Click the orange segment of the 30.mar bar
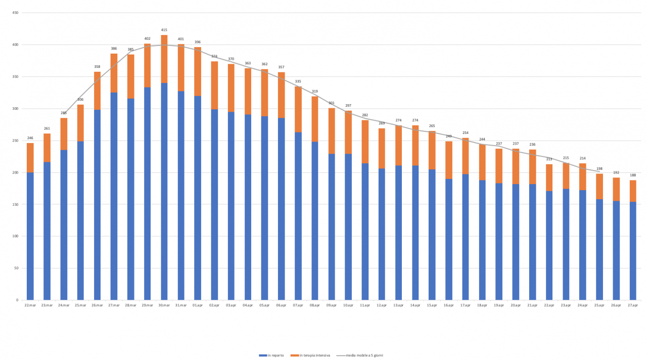pos(164,59)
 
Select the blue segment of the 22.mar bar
pos(30,236)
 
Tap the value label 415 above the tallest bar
pos(164,30)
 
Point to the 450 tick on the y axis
pos(15,13)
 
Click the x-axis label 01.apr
pos(198,305)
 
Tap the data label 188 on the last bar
pos(633,175)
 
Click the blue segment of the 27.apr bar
pos(633,251)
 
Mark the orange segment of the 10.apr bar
pos(348,132)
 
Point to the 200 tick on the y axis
pos(15,172)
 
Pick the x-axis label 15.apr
pos(432,305)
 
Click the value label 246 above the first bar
pos(30,138)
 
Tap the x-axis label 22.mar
pos(30,305)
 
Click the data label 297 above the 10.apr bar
pos(348,106)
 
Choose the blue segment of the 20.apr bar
pos(516,242)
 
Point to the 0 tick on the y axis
pos(17,300)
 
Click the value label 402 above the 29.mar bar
pos(148,38)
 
